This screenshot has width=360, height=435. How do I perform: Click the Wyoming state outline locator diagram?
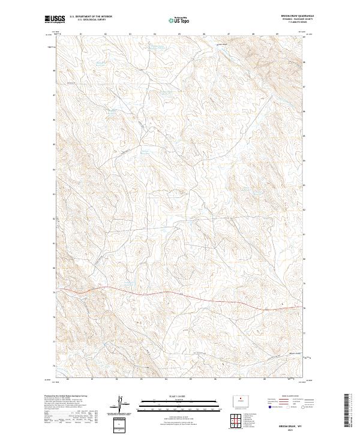click(x=242, y=399)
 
